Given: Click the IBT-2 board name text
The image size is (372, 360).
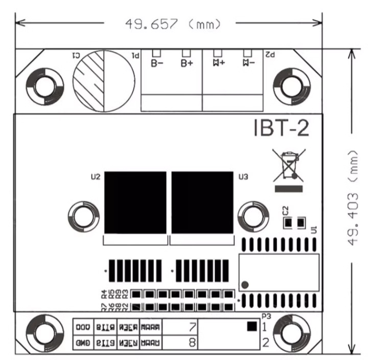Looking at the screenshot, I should coord(281,128).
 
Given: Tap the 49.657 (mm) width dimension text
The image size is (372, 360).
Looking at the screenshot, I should coord(174,23).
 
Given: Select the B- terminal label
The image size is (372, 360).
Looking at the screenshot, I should coord(157,63).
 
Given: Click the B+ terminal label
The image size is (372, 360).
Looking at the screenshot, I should coord(187,63).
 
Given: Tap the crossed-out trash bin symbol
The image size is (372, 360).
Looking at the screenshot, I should coord(289,165).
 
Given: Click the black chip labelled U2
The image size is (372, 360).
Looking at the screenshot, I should coord(135,202).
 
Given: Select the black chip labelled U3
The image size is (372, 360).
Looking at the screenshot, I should coord(202,202).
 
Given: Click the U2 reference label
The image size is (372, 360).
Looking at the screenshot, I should coord(95,177).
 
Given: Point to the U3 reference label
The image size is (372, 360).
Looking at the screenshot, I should coord(243,177).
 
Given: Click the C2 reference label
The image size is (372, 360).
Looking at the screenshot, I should coord(285,210).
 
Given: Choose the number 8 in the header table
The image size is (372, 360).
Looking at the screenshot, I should coord(192,342).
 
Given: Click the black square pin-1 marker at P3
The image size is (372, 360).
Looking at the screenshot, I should coord(251,326).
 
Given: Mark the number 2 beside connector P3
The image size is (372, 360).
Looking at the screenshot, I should coord(265,342).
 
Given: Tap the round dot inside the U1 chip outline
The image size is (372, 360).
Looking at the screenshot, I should coord(245,285).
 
